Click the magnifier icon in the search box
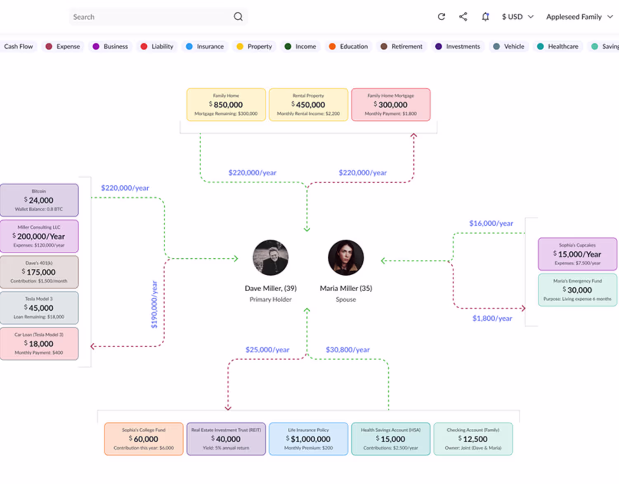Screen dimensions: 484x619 point(238,17)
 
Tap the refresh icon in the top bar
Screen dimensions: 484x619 point(442,17)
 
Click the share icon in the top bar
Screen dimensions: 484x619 point(463,17)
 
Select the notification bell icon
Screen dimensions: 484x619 point(485,17)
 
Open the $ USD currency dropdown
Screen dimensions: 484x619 point(517,17)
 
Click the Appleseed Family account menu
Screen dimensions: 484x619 point(579,17)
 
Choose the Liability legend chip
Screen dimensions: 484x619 point(157,47)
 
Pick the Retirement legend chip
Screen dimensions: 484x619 point(402,47)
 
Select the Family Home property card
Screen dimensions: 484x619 point(226,105)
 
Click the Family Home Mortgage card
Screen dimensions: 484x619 point(390,105)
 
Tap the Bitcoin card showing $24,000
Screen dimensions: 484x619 point(39,200)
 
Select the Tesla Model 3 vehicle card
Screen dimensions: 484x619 point(39,308)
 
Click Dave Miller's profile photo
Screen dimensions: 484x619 point(271,257)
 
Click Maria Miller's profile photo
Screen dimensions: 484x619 point(346,257)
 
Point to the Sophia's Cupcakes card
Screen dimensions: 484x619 point(577,254)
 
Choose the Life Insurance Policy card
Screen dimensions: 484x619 point(308,439)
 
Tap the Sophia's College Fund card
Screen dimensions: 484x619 point(144,439)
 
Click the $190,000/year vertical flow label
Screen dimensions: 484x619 point(154,305)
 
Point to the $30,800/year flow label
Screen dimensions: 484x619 point(347,350)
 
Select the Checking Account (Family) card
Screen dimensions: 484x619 point(473,439)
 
